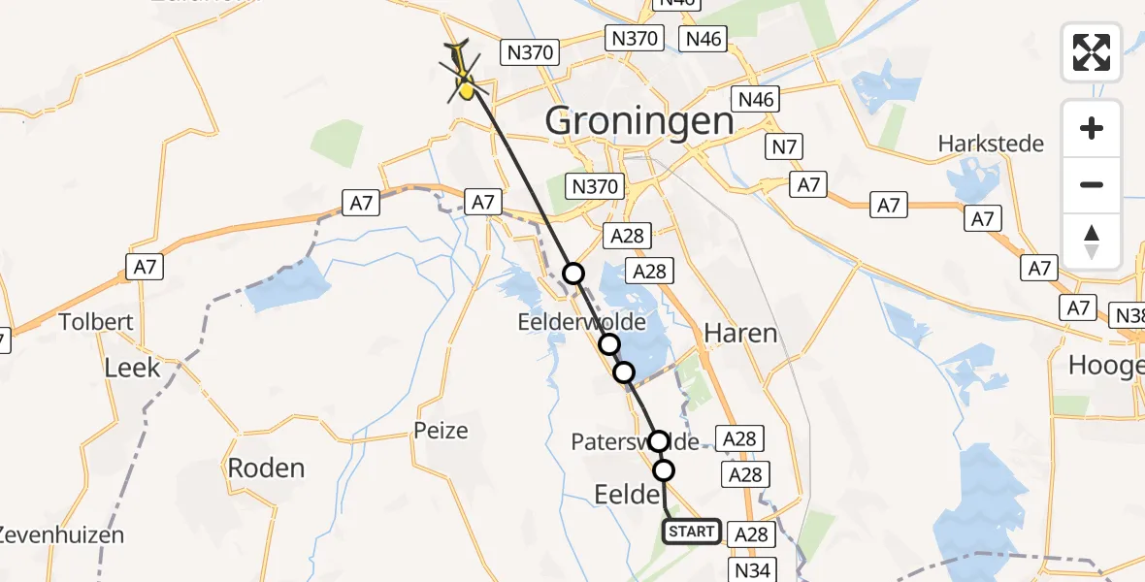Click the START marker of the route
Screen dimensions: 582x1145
(691, 532)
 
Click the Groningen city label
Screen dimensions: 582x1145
(638, 121)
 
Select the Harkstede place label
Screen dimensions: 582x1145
(990, 145)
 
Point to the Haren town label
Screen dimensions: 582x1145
(740, 334)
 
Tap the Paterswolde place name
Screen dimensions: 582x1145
(635, 442)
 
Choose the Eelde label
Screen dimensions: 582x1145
(625, 495)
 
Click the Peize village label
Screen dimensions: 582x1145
(441, 430)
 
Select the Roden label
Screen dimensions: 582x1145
(266, 468)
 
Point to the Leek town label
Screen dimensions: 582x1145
(132, 367)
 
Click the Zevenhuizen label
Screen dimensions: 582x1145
(60, 534)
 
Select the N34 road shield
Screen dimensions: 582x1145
(752, 570)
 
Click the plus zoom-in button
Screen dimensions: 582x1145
(1092, 128)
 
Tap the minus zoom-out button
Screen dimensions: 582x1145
(1092, 184)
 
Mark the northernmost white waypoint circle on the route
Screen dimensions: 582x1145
(574, 274)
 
